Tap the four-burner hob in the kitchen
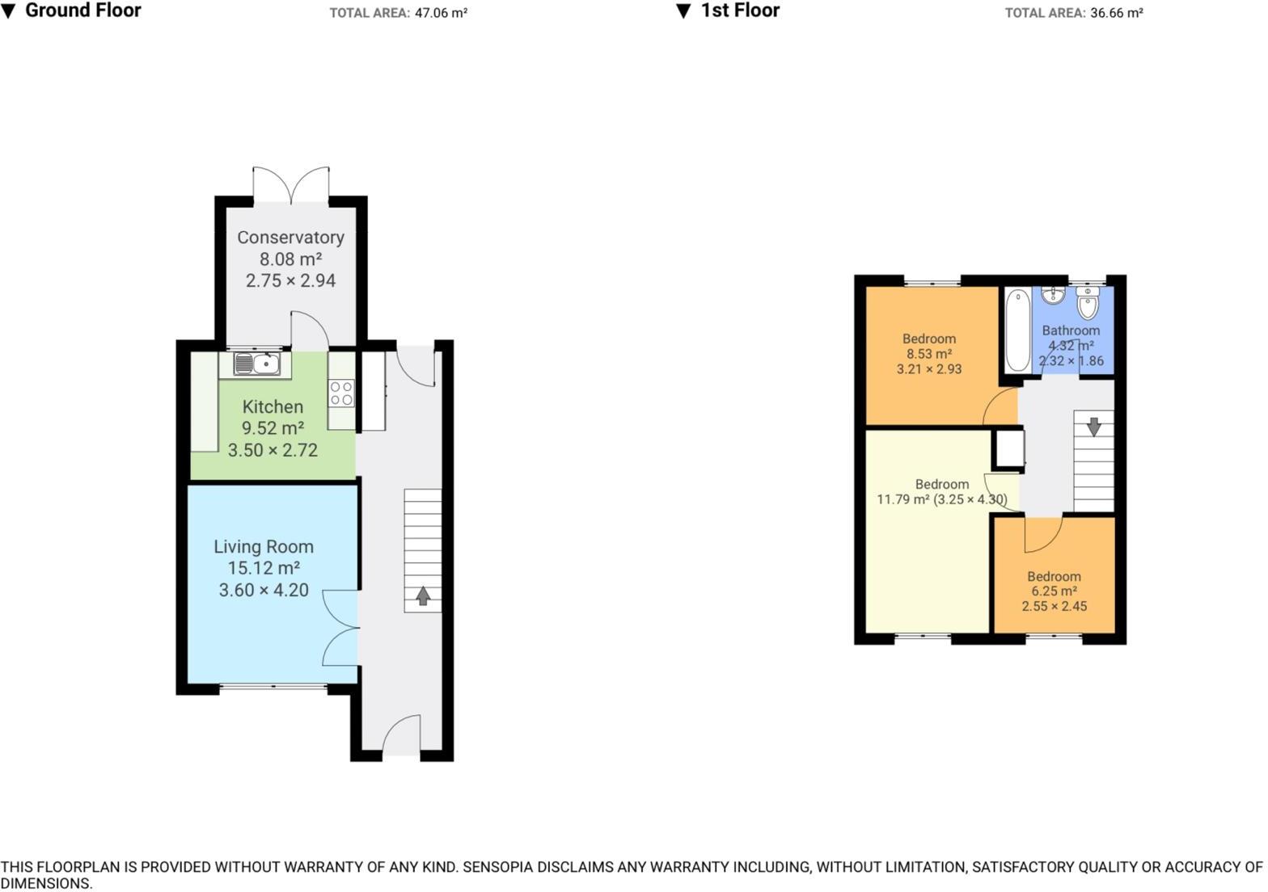(341, 393)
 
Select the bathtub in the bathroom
(1017, 330)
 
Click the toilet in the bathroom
(1088, 305)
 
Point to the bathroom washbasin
(1053, 296)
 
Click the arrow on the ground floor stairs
(422, 596)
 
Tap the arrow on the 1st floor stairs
(1093, 426)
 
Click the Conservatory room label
(290, 238)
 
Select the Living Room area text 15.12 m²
(264, 568)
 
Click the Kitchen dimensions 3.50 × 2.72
(273, 450)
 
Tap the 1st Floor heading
(739, 11)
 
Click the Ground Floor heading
(82, 11)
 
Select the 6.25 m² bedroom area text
(1054, 591)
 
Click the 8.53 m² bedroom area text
(928, 354)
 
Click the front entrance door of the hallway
(401, 735)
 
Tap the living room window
(273, 688)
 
